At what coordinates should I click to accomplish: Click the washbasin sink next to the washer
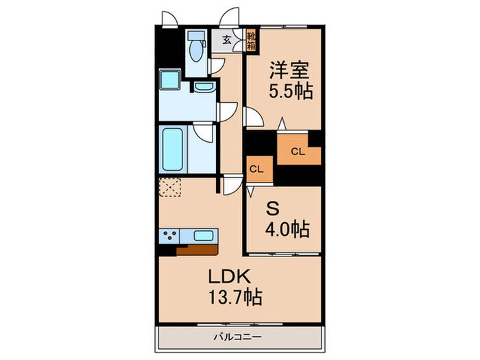tap(202, 88)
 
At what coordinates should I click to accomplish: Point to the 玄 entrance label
tap(226, 38)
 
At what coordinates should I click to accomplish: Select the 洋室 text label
tap(291, 69)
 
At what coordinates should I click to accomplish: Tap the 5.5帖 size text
tap(291, 91)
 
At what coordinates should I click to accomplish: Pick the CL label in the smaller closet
tap(256, 169)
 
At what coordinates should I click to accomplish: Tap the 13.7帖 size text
tap(233, 298)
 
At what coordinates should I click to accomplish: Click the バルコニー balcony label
tap(239, 337)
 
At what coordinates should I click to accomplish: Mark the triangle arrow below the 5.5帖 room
tap(282, 123)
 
